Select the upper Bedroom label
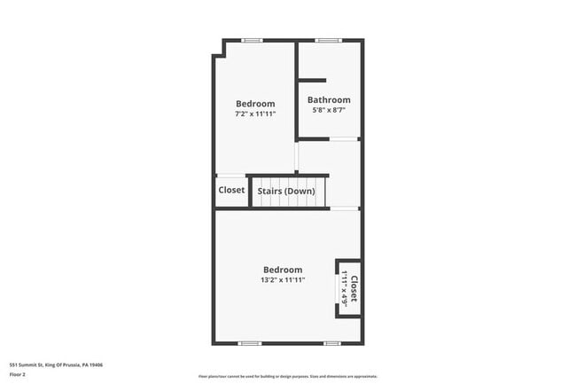(255, 104)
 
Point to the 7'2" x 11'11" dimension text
(255, 114)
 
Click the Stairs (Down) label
(286, 191)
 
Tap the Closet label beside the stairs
(231, 190)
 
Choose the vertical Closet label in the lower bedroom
(354, 289)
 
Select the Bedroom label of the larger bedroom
(283, 270)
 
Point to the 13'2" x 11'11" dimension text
(283, 280)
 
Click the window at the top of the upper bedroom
(253, 40)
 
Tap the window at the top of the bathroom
(329, 40)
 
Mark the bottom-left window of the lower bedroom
(249, 343)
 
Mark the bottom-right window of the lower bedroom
(331, 343)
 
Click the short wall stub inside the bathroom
(311, 81)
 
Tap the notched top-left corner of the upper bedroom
(216, 53)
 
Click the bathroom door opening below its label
(344, 138)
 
